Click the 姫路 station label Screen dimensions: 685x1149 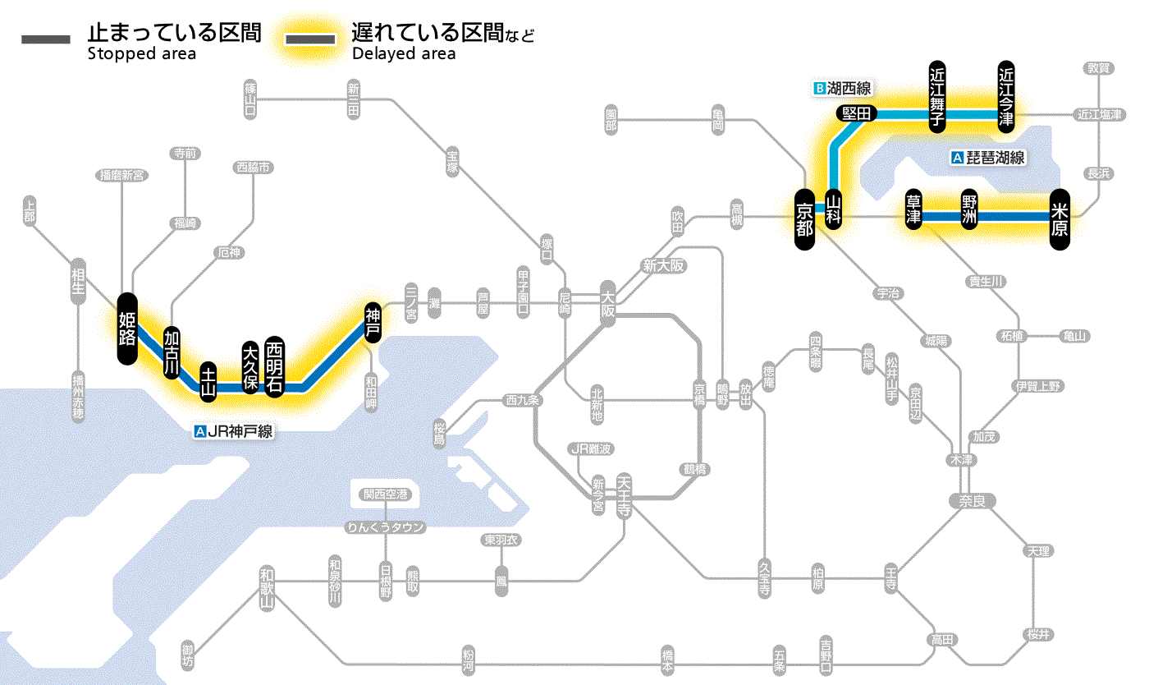pos(126,328)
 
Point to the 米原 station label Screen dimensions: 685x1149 pos(1060,218)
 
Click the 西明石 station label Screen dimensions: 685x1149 pos(274,365)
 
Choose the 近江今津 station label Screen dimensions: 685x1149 pos(1005,96)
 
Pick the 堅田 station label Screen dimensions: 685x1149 pos(856,113)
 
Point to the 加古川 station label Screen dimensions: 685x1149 pos(172,352)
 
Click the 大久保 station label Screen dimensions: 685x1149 pos(249,367)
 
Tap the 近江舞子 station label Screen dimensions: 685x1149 pos(937,96)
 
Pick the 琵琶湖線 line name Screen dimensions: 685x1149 pos(996,158)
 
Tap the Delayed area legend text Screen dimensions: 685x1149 pos(403,54)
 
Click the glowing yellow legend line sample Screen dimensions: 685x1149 pos(309,39)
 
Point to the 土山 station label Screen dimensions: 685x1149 pos(208,380)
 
